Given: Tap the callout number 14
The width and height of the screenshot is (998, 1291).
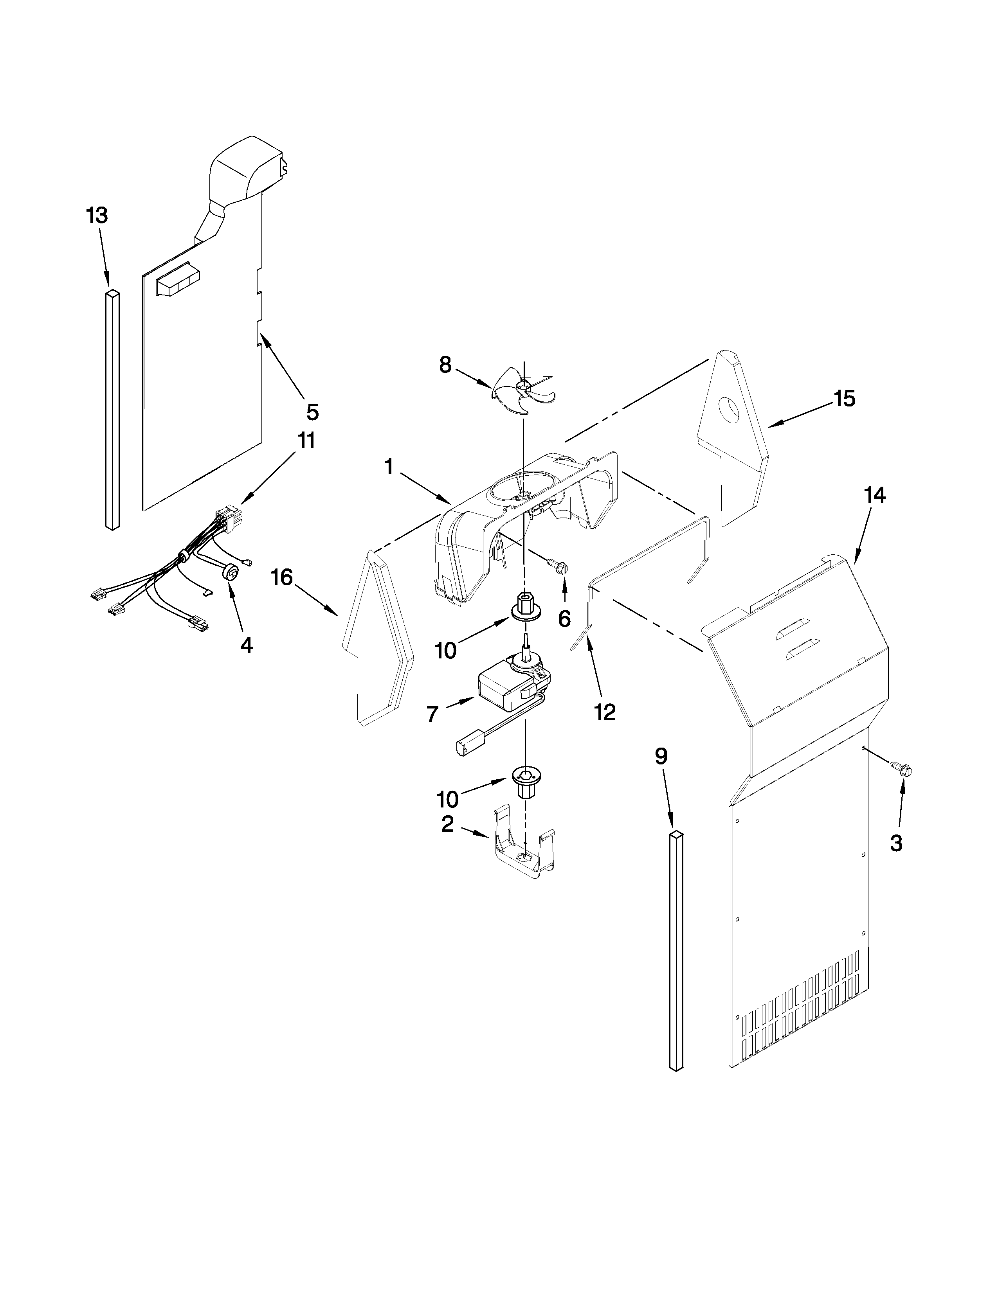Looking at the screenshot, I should [875, 495].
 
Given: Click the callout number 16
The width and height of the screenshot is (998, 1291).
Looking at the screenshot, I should [282, 577].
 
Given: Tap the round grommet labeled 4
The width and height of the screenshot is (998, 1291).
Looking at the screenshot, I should [232, 572].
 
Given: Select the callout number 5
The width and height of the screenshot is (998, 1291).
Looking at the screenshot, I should [312, 412].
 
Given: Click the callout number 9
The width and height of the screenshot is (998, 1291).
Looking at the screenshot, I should [661, 756].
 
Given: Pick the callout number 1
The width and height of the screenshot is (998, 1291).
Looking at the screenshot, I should [389, 467].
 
